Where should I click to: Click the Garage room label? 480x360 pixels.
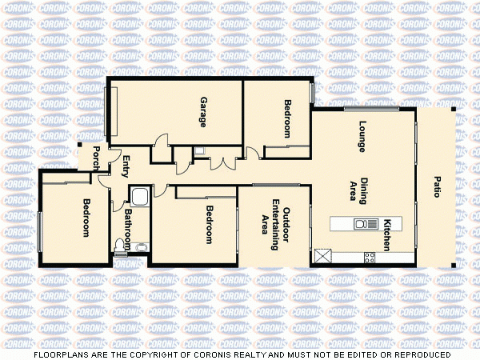[203, 113]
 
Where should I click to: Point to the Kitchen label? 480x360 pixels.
[386, 235]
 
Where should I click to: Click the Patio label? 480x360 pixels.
[437, 186]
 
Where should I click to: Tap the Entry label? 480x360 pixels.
[125, 166]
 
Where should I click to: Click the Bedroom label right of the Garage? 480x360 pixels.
[287, 119]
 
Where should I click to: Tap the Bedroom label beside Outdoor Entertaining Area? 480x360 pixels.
[209, 225]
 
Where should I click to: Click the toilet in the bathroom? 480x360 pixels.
[122, 244]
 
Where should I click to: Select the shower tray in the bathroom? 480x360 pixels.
[140, 197]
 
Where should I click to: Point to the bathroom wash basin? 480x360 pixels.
[142, 247]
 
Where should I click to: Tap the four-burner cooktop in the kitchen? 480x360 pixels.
[369, 257]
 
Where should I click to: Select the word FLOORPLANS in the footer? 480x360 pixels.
[60, 354]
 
